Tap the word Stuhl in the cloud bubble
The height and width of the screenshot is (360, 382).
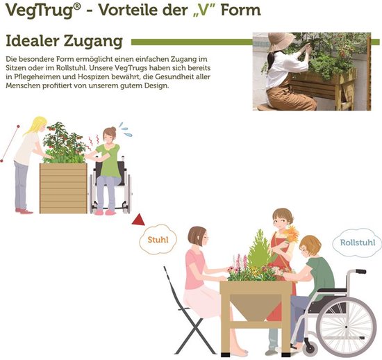click(x=158, y=240)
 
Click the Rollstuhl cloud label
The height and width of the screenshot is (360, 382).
click(x=358, y=243)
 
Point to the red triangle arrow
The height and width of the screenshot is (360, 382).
click(x=138, y=220)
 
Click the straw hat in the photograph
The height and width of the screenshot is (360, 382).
click(x=280, y=41)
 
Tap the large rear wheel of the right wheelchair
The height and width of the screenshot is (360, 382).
click(x=347, y=327)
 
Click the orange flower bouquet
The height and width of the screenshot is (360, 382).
click(x=290, y=234)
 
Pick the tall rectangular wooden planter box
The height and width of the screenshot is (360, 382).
click(x=63, y=188)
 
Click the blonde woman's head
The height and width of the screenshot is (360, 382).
click(x=39, y=124)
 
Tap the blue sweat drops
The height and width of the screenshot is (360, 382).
click(x=126, y=129)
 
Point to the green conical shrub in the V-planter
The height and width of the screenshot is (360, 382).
click(x=259, y=249)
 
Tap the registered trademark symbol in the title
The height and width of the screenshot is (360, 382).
click(x=76, y=6)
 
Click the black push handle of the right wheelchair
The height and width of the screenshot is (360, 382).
click(x=360, y=271)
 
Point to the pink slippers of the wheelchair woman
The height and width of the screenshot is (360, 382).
click(x=105, y=212)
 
